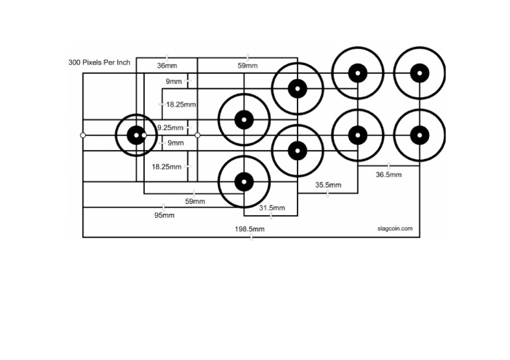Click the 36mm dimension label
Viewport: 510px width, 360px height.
pyautogui.click(x=167, y=66)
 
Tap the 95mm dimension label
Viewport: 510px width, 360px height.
pyautogui.click(x=164, y=215)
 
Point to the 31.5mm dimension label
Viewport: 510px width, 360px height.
pyautogui.click(x=272, y=208)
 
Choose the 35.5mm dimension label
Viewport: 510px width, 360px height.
pyautogui.click(x=328, y=185)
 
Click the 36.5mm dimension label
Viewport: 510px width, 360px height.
pyautogui.click(x=388, y=175)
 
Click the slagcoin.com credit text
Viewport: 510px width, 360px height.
pyautogui.click(x=394, y=228)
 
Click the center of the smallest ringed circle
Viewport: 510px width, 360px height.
pyautogui.click(x=136, y=135)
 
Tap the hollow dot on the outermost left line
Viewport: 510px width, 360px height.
pyautogui.click(x=83, y=135)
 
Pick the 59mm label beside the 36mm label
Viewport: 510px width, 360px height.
pyautogui.click(x=247, y=66)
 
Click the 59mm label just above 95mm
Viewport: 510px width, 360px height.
pyautogui.click(x=195, y=201)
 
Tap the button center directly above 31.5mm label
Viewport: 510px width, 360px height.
pyautogui.click(x=244, y=181)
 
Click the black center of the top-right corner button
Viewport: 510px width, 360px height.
pyautogui.click(x=419, y=73)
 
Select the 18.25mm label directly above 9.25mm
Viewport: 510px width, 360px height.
pyautogui.click(x=181, y=104)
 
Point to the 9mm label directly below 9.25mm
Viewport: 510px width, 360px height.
pyautogui.click(x=175, y=143)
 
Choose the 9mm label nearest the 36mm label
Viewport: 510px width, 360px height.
pyautogui.click(x=174, y=82)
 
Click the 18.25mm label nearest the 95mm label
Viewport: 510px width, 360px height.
pyautogui.click(x=166, y=167)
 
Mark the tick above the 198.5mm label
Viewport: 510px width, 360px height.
pyautogui.click(x=250, y=236)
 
